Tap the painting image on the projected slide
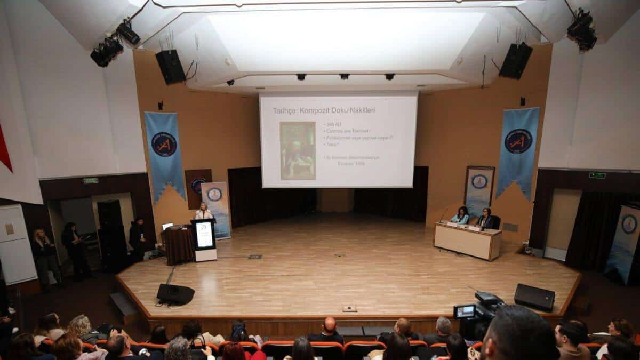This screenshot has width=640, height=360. pyautogui.click(x=298, y=150)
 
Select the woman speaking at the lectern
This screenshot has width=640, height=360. pyautogui.click(x=203, y=212)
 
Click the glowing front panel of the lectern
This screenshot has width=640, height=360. pyautogui.click(x=204, y=235)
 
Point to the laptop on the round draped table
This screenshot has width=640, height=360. pyautogui.click(x=167, y=226)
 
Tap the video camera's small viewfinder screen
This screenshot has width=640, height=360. pyautogui.click(x=465, y=311)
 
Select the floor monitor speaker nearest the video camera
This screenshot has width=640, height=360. pyautogui.click(x=534, y=297)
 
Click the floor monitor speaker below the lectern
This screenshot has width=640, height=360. pyautogui.click(x=175, y=294)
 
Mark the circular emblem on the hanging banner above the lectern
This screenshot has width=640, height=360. pyautogui.click(x=164, y=144)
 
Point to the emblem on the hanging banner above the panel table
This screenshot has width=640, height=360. pyautogui.click(x=518, y=141)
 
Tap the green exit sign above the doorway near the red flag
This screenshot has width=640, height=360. pyautogui.click(x=91, y=180)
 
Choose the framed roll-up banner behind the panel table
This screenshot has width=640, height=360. pyautogui.click(x=478, y=189)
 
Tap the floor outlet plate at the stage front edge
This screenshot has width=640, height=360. pyautogui.click(x=349, y=308)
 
